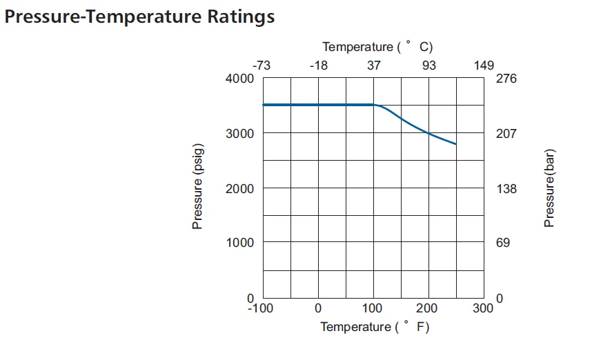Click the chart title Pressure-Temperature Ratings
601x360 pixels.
139,17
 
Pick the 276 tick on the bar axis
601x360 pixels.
506,79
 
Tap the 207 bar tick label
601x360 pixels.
506,133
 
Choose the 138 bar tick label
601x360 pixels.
506,188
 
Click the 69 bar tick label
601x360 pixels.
503,243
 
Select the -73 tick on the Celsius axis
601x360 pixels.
261,66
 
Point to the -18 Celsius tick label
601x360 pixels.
318,66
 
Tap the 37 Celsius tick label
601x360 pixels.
373,66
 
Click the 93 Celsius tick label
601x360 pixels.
429,66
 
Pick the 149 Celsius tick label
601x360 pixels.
484,66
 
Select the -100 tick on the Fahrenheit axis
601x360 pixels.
261,308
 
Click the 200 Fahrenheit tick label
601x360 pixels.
428,308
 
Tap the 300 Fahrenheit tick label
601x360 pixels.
484,308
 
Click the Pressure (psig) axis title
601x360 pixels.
198,188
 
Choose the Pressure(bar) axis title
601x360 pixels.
550,188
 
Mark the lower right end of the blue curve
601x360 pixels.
456,144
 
